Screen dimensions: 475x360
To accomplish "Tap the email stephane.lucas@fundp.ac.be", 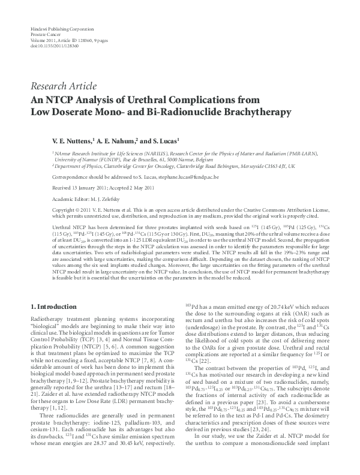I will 189,178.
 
